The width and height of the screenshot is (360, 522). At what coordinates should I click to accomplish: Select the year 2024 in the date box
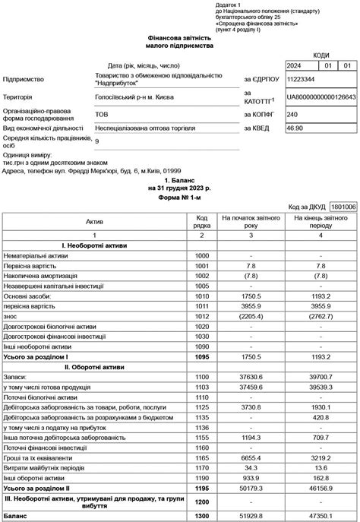(293, 65)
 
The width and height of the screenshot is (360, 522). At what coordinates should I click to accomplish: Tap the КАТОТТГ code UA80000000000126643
(321, 97)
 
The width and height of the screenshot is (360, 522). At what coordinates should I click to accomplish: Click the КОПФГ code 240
(292, 115)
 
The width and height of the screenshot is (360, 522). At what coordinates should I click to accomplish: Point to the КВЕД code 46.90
(295, 128)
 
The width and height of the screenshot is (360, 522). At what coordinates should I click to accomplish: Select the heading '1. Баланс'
(180, 180)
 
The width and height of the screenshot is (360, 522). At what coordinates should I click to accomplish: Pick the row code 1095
(202, 356)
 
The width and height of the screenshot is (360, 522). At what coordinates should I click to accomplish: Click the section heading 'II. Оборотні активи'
(95, 365)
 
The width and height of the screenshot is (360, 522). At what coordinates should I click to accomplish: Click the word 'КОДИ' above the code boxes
(321, 55)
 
